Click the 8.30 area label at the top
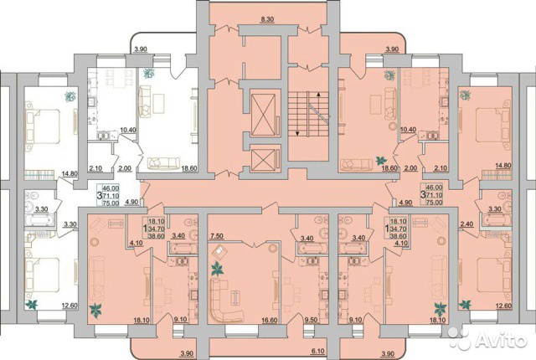[x=267, y=20]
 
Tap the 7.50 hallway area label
[x=217, y=236]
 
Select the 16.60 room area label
[x=270, y=321]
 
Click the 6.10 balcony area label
[x=318, y=352]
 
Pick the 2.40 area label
[x=467, y=224]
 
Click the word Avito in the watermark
[x=501, y=340]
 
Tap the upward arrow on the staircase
[x=318, y=95]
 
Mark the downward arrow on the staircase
[x=297, y=133]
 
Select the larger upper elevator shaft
[x=263, y=114]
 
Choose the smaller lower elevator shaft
[x=263, y=160]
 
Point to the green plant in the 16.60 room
[x=217, y=269]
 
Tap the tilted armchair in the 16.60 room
[x=219, y=252]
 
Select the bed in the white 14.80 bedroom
[x=43, y=126]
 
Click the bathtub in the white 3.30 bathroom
[x=39, y=220]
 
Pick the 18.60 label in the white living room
[x=188, y=168]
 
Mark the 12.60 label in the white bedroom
[x=70, y=306]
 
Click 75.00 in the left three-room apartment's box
[x=111, y=203]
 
